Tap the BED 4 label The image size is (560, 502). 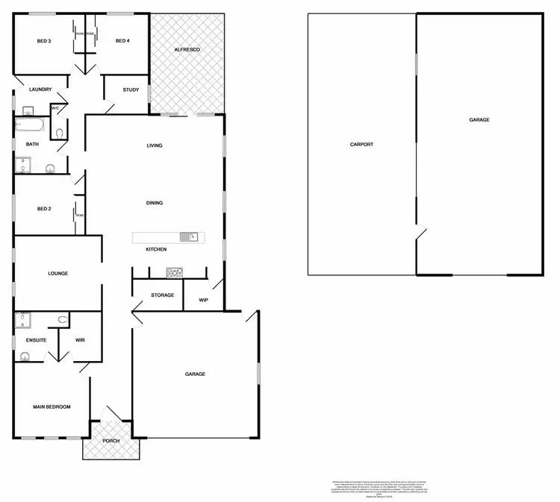pyautogui.click(x=122, y=41)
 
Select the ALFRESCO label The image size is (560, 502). pyautogui.click(x=187, y=49)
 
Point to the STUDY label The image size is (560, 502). pyautogui.click(x=131, y=90)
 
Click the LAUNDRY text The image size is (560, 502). pyautogui.click(x=40, y=90)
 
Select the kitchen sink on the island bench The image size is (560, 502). pyautogui.click(x=191, y=237)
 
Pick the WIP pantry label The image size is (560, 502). pyautogui.click(x=203, y=300)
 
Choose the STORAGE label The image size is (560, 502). pyautogui.click(x=162, y=295)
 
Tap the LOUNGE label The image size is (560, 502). pyautogui.click(x=58, y=274)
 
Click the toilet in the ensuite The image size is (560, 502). pyautogui.click(x=63, y=320)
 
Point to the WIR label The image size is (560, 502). pyautogui.click(x=81, y=340)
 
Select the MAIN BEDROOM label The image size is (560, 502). pyautogui.click(x=52, y=407)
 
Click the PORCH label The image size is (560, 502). pyautogui.click(x=111, y=440)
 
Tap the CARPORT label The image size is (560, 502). pyautogui.click(x=361, y=145)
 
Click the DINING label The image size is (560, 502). pyautogui.click(x=155, y=203)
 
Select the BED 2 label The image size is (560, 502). pyautogui.click(x=44, y=209)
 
